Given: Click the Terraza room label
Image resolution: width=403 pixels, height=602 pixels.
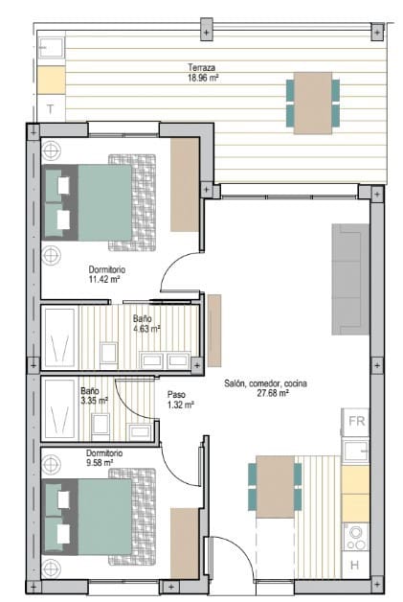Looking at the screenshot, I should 201,68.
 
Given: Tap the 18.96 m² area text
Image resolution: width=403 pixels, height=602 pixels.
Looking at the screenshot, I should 203,79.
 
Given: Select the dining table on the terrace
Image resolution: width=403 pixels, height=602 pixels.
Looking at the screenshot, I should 312,103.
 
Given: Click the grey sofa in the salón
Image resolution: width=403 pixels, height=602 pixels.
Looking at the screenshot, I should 350,279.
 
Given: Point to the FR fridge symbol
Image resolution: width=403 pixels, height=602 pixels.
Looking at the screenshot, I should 356,421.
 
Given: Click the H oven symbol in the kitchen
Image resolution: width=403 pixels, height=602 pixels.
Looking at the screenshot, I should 355,566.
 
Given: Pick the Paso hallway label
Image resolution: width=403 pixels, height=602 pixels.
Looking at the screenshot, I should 176,394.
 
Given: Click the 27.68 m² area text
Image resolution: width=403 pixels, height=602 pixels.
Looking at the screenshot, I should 267,393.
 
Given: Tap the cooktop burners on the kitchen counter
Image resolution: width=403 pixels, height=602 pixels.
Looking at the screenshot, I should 356,534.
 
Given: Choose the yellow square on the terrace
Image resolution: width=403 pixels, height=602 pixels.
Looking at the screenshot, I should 51,79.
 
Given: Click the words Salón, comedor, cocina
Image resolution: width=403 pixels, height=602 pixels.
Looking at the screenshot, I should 266,382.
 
